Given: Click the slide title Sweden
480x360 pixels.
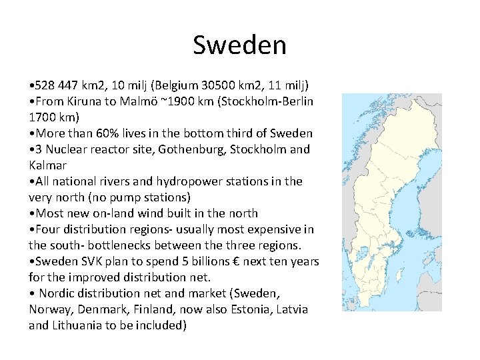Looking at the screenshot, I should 239,45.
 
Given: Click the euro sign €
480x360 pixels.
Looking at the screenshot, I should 236,261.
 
